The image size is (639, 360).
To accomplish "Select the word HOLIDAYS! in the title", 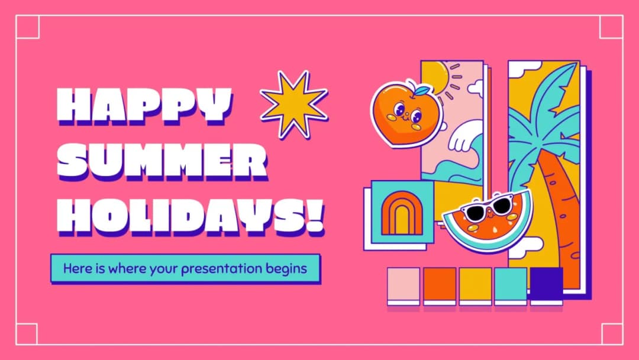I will (x=183, y=214).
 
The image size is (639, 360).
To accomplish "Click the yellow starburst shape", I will (x=294, y=104).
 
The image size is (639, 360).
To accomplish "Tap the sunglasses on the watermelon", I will (x=487, y=207).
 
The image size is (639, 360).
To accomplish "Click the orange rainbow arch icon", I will (x=402, y=214).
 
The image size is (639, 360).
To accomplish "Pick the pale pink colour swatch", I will (x=404, y=284).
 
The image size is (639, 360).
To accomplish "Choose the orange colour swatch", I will (x=440, y=284).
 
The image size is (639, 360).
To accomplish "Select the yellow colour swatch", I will (x=475, y=284).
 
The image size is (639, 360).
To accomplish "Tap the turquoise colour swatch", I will (x=511, y=284).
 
